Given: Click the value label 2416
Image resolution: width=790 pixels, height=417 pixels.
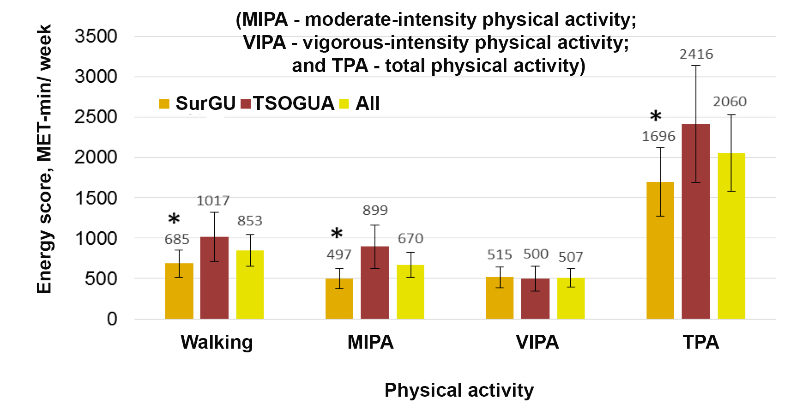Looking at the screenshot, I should coord(696,54).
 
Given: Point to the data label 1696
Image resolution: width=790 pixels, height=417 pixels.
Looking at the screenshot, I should coord(658,136).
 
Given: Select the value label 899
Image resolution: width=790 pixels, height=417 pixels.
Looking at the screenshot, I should coord(375,211).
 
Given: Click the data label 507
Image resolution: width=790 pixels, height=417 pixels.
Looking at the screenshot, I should coord(571,257).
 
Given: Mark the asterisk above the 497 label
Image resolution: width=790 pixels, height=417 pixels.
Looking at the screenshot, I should coord(337,234).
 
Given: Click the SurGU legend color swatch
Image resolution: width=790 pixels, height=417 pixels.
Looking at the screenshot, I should coord(164,103).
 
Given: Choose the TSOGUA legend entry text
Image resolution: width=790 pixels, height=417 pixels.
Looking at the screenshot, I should coord(293,103).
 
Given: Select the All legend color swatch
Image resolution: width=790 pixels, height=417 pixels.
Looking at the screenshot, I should coord(344,103).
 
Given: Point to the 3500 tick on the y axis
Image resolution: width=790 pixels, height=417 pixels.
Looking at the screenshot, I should coord(96,36).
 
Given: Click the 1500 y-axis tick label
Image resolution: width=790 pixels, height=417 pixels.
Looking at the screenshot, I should coord(96,198).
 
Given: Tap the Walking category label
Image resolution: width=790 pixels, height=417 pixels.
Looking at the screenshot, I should coord(217,342).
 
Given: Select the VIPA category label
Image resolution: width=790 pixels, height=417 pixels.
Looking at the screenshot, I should coord(537,342).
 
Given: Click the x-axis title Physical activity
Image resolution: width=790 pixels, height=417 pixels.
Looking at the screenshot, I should coord(459,390).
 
